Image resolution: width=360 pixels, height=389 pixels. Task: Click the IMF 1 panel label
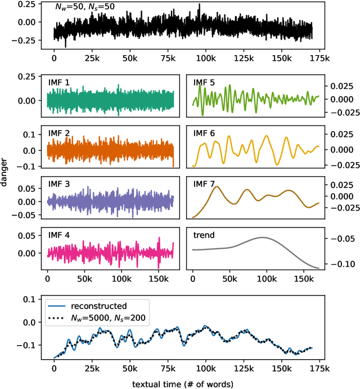[x=59, y=83]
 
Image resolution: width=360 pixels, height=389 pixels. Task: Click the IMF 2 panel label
[x=59, y=133]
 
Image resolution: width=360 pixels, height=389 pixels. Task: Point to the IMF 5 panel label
[x=204, y=83]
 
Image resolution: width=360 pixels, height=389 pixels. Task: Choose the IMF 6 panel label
[x=204, y=133]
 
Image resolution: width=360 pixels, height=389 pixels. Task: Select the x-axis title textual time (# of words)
[x=183, y=383]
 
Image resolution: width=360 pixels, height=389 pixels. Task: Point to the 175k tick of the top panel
[x=322, y=59]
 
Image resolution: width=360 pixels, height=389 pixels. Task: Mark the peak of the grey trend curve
[x=262, y=237]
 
